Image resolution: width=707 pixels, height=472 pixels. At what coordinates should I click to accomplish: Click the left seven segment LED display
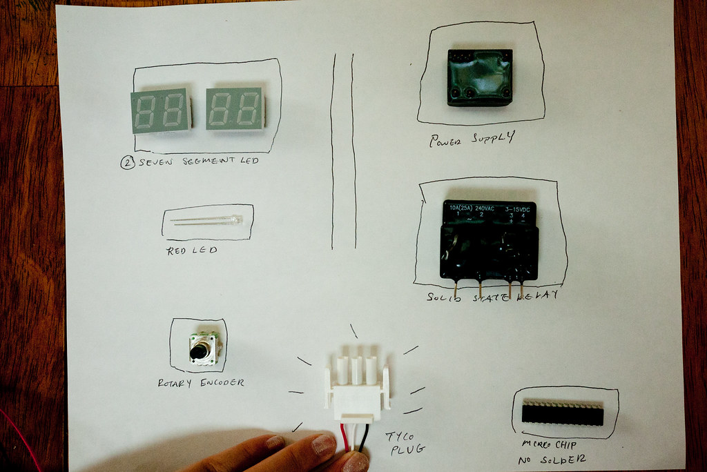(160, 110)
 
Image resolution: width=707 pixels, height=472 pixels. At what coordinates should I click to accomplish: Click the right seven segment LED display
(235, 109)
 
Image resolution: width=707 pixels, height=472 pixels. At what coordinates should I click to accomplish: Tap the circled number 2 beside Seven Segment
(126, 163)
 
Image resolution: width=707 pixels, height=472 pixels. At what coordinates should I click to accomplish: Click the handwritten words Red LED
(191, 250)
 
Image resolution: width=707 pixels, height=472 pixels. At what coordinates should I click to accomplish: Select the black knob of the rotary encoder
(198, 353)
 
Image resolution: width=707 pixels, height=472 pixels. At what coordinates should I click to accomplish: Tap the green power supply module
(480, 77)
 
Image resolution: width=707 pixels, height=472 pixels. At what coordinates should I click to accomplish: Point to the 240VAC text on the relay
(485, 208)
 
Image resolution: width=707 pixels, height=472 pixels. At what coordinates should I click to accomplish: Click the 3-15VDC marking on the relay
(519, 208)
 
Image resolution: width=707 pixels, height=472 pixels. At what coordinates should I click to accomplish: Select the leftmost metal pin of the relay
(455, 288)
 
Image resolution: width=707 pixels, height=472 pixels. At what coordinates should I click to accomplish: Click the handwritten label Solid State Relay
(492, 297)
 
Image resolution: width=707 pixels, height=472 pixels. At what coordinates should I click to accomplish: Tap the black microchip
(562, 414)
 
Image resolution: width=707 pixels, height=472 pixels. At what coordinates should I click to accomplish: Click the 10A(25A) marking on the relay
(461, 208)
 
